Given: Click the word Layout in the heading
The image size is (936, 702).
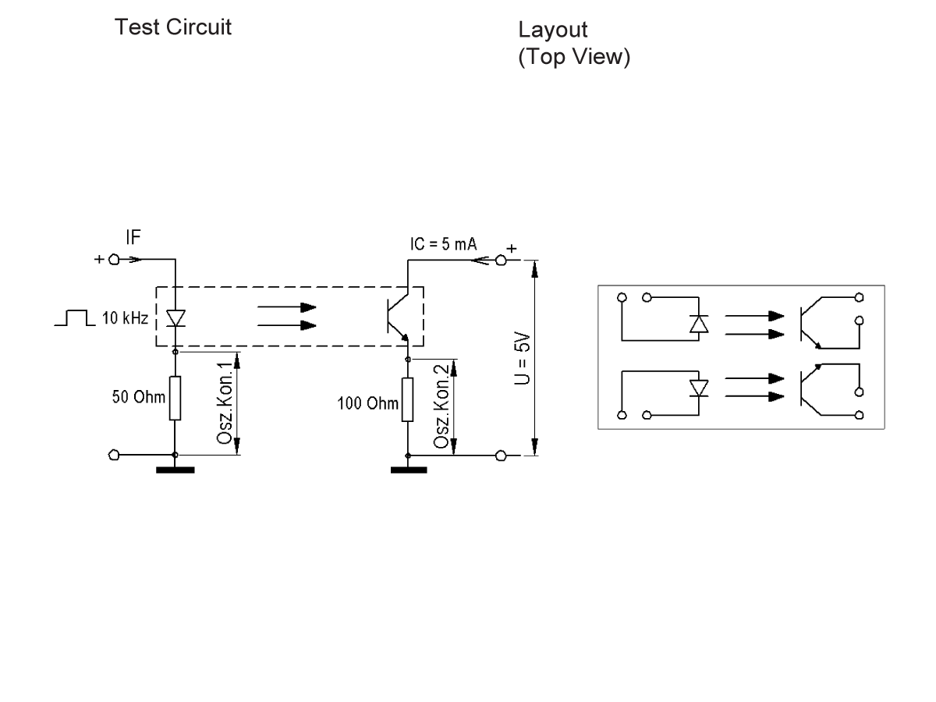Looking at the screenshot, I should [x=552, y=32].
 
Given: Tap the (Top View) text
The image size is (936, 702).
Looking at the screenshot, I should [x=573, y=58].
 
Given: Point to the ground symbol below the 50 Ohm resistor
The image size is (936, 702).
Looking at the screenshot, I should [x=175, y=469].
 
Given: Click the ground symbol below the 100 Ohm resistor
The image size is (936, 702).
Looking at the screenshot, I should [x=408, y=469].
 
